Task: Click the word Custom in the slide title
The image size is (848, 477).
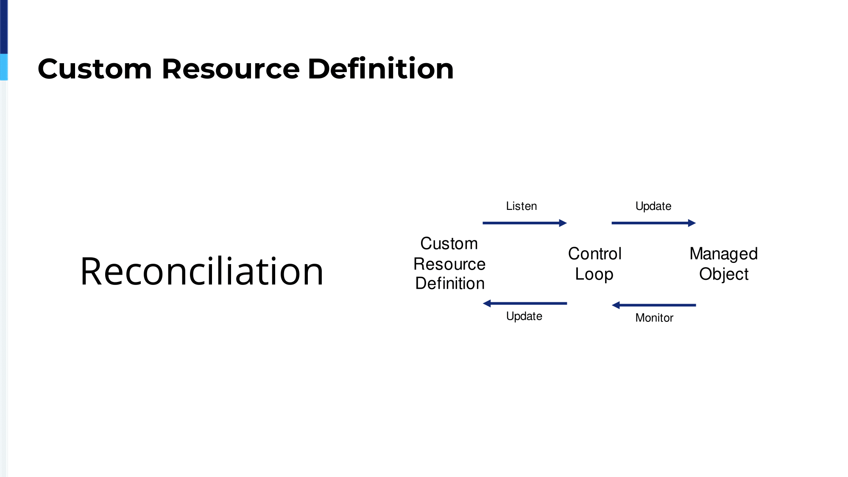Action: (95, 69)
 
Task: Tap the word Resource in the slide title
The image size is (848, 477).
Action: (231, 69)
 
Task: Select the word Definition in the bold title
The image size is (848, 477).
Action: (381, 68)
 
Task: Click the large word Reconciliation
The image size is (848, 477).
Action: (202, 271)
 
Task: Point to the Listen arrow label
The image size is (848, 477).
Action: (522, 206)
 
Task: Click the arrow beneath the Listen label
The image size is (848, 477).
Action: (525, 223)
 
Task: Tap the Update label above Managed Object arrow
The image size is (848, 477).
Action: (653, 206)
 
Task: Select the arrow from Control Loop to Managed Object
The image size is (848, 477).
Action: (654, 223)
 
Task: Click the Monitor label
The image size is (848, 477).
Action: (654, 318)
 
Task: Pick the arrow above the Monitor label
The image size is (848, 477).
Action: (654, 305)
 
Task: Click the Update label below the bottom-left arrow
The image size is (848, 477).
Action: (524, 316)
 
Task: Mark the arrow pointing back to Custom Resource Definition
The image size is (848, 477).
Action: (525, 304)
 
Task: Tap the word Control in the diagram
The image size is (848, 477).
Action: (595, 254)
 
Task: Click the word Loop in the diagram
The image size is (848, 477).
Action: (594, 274)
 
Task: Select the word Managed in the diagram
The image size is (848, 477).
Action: (724, 254)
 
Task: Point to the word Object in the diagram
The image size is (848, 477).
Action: (724, 274)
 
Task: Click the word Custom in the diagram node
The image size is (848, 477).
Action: (449, 243)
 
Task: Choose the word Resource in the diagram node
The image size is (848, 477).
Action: (449, 264)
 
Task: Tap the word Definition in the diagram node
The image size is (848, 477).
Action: (450, 283)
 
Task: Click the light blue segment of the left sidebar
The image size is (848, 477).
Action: (4, 67)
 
